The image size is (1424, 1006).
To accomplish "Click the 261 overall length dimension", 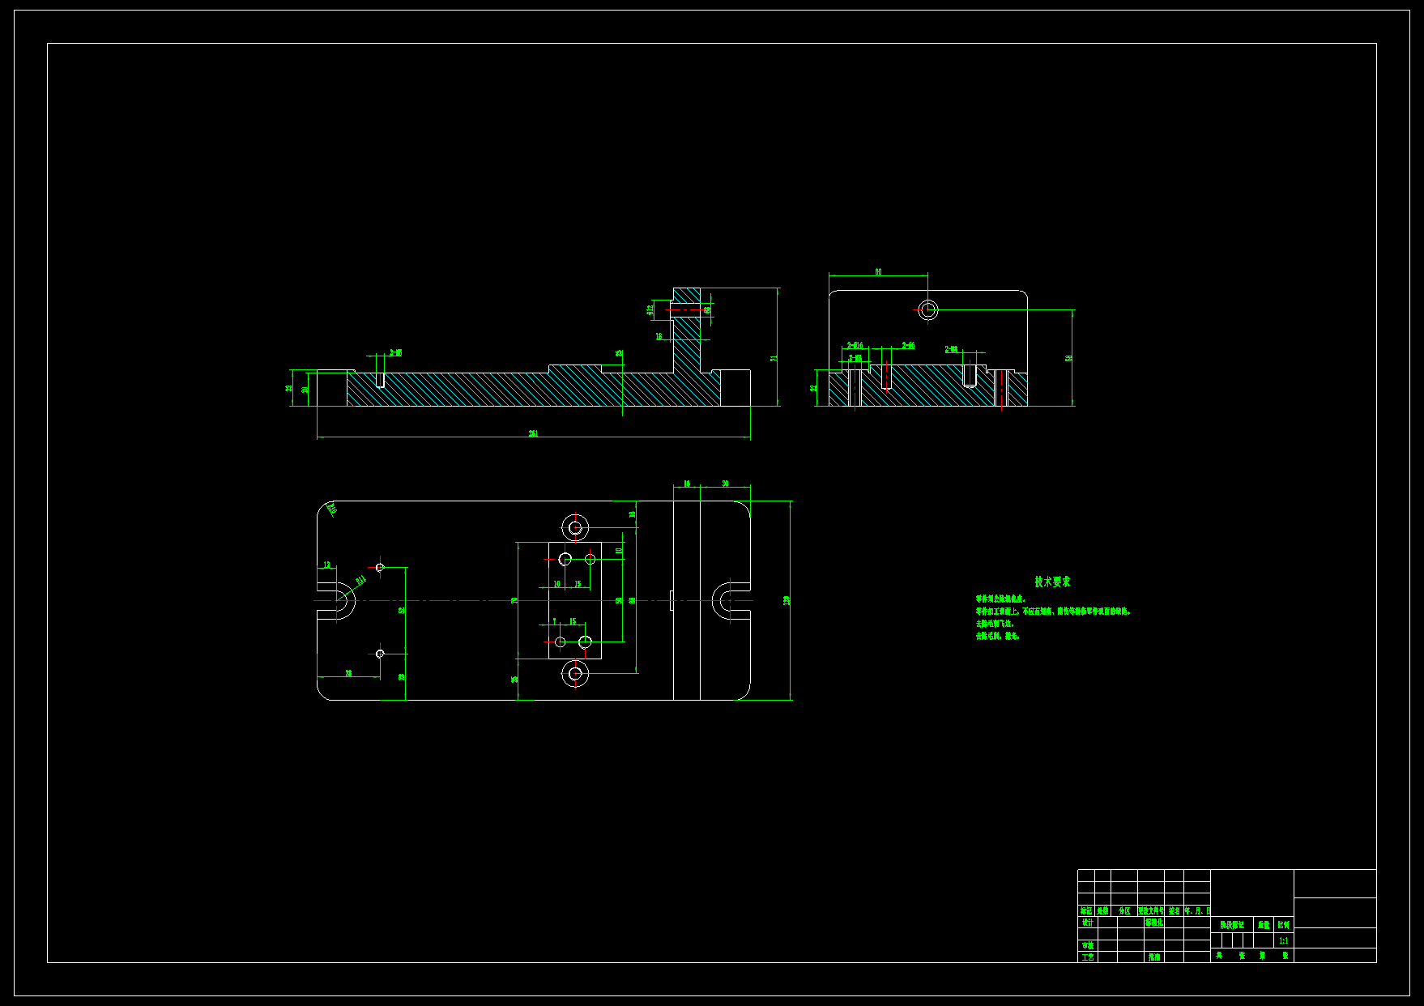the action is [x=533, y=433].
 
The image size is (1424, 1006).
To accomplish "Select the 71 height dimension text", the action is [x=774, y=357].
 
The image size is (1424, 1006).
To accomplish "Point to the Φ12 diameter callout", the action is [x=650, y=309].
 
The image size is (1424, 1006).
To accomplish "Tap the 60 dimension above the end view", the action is [x=878, y=272].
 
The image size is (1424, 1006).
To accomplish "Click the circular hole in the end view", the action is [x=928, y=309].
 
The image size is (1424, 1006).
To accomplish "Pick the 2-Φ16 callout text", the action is [x=855, y=346].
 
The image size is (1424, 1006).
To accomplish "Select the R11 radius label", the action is [x=360, y=580].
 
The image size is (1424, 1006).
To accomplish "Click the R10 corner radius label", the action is [x=331, y=509].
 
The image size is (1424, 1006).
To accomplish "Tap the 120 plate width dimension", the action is [x=787, y=600].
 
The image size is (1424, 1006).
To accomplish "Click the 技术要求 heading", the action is [x=1052, y=582].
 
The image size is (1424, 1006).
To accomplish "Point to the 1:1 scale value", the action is [x=1283, y=941].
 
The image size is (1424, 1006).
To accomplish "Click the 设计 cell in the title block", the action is [x=1087, y=923].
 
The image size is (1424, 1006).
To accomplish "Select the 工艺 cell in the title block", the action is [x=1087, y=957].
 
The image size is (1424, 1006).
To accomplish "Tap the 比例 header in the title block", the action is [x=1283, y=924].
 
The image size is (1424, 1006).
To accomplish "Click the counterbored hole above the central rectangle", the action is [x=575, y=528].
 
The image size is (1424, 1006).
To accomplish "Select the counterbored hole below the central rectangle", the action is [x=575, y=673].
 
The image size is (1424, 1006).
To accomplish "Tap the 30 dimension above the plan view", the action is [x=725, y=484].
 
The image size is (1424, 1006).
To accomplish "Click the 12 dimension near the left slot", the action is [x=327, y=565].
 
